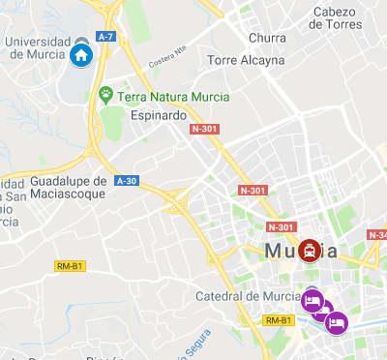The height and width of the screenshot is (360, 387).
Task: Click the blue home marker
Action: (81, 54)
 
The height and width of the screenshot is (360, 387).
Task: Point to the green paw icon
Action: (105, 95)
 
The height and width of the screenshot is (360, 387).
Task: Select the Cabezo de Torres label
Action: (337, 18)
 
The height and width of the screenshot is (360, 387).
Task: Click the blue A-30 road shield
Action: (127, 180)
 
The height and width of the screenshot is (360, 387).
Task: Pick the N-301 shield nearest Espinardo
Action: (204, 129)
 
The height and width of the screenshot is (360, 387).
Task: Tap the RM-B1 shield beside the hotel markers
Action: (278, 320)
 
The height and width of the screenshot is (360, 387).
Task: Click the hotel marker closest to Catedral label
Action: (312, 300)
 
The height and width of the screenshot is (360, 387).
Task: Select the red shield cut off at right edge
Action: (377, 235)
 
